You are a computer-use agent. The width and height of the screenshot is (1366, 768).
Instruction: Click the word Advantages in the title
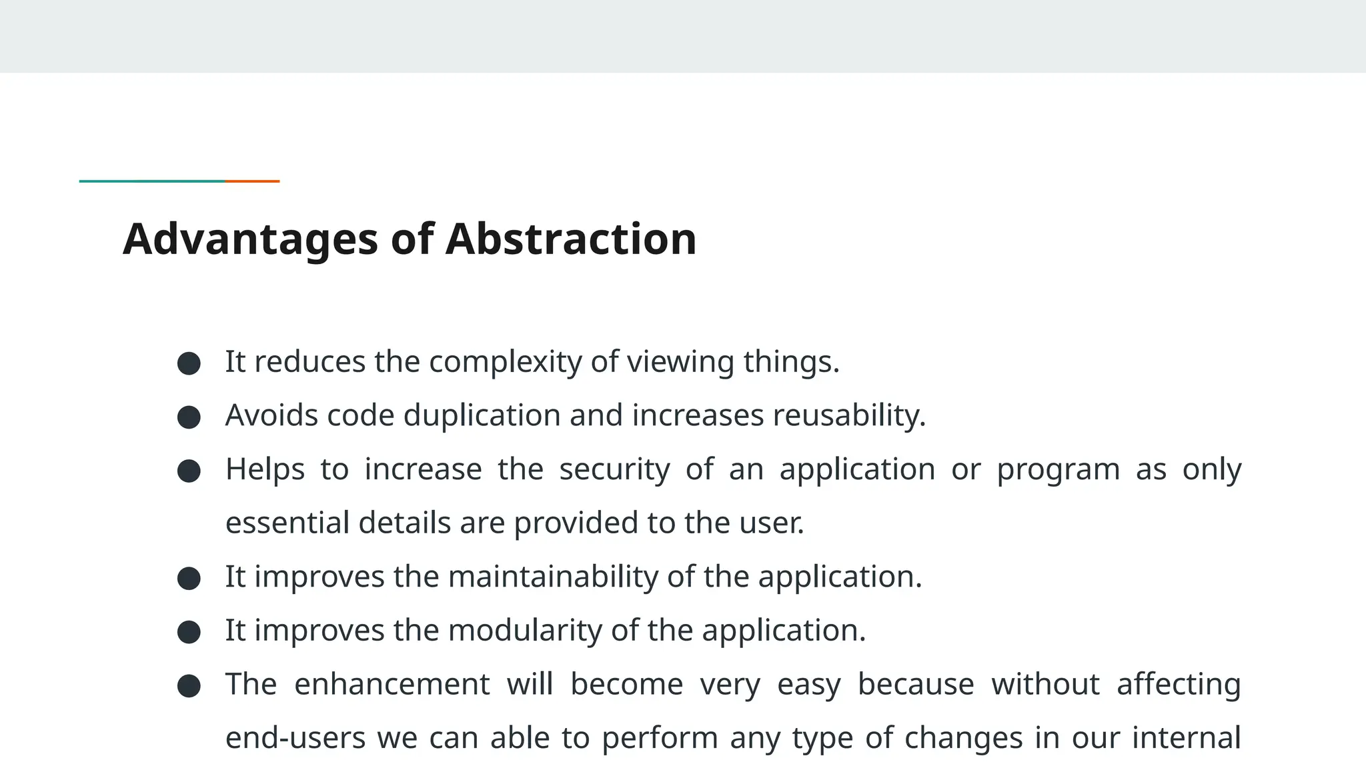pyautogui.click(x=250, y=239)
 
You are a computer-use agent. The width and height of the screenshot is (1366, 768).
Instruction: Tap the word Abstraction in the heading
pyautogui.click(x=570, y=239)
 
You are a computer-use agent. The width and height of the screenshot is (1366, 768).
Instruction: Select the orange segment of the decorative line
pyautogui.click(x=252, y=181)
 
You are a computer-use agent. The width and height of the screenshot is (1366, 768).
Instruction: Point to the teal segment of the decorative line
pyautogui.click(x=152, y=181)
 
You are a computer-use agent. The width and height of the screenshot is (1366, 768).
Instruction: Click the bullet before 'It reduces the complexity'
pyautogui.click(x=189, y=363)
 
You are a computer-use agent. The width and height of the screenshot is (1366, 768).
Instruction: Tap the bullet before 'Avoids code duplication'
pyautogui.click(x=189, y=417)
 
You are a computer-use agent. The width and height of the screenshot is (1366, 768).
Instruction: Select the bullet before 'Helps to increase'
pyautogui.click(x=189, y=471)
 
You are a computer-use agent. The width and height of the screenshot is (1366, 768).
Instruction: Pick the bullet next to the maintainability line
pyautogui.click(x=189, y=578)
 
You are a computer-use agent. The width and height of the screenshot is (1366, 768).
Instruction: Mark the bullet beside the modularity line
pyautogui.click(x=189, y=632)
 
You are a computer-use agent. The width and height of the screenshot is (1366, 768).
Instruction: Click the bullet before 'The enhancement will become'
pyautogui.click(x=189, y=686)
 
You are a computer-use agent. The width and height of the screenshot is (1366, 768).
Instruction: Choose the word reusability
pyautogui.click(x=849, y=415)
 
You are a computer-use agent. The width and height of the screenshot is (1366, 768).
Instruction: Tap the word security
pyautogui.click(x=614, y=469)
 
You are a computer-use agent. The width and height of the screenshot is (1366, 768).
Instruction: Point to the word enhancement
pyautogui.click(x=392, y=684)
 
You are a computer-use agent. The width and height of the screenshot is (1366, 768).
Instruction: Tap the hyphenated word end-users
pyautogui.click(x=295, y=738)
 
